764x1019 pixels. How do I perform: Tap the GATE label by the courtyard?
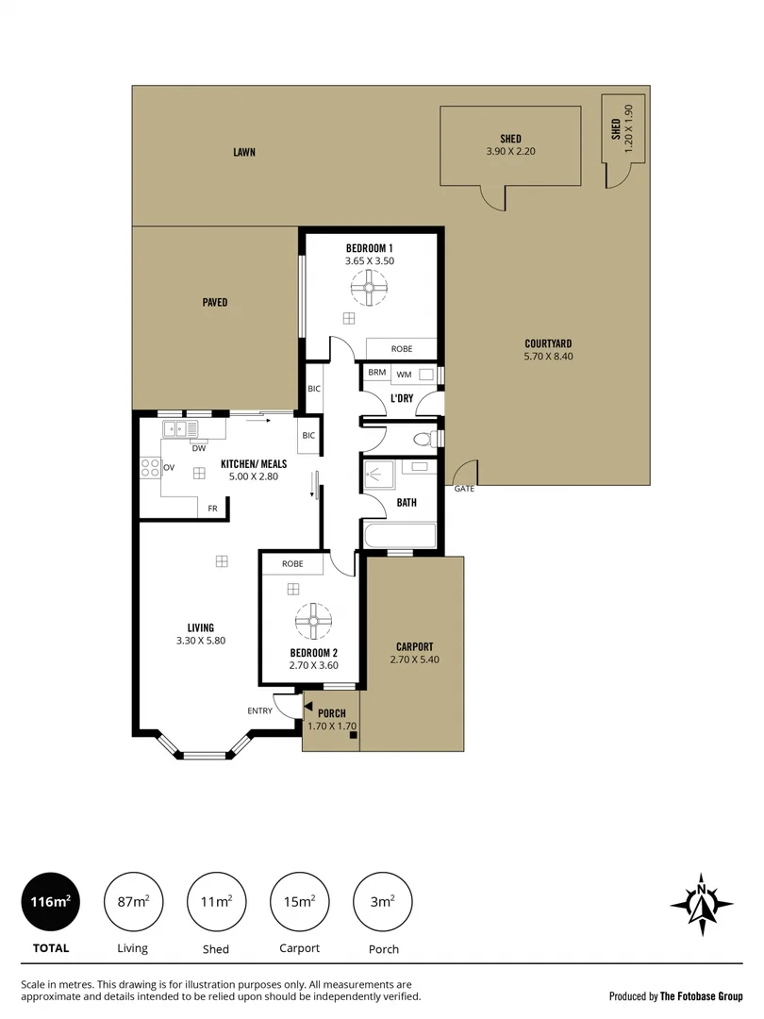(464, 489)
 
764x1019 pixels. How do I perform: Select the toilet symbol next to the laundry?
(425, 439)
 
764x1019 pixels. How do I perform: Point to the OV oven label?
(169, 467)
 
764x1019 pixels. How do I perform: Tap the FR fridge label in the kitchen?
(212, 509)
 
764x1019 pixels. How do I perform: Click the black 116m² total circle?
(50, 902)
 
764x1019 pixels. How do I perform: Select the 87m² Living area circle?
(133, 902)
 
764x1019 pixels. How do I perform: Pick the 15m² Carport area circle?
(299, 902)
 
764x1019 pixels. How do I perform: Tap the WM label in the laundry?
(404, 374)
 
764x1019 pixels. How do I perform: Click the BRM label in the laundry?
(376, 374)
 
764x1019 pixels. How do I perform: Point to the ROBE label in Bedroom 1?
(401, 348)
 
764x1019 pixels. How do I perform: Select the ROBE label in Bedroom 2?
(292, 563)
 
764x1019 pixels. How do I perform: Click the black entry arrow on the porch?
(307, 704)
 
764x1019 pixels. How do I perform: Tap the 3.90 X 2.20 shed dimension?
(510, 151)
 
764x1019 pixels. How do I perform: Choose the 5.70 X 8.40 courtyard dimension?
(548, 357)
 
